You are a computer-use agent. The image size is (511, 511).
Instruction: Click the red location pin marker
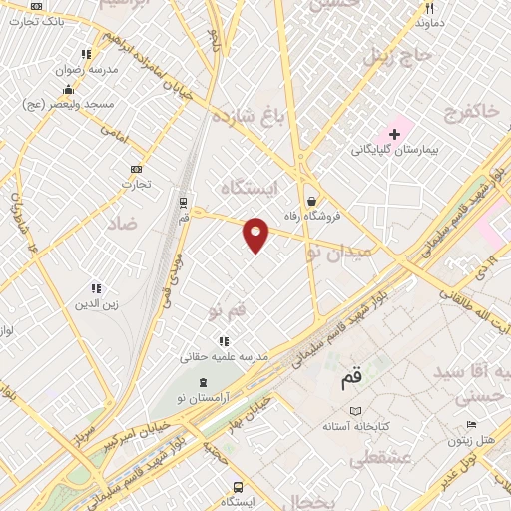[256, 232]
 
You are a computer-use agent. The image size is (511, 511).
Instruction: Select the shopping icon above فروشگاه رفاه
[312, 200]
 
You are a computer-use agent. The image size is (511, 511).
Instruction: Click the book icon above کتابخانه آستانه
[356, 409]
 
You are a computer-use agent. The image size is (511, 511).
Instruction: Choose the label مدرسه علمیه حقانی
[225, 355]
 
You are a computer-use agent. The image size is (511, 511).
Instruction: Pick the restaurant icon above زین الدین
[96, 288]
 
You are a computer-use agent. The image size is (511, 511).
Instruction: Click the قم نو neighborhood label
[228, 312]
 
